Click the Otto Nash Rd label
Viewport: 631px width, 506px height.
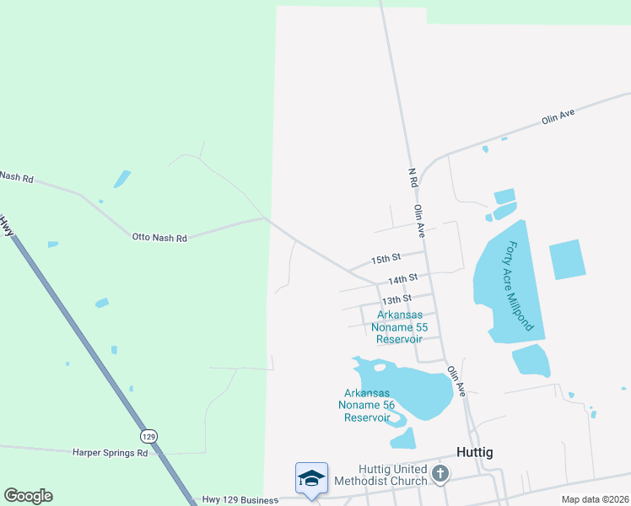(x=159, y=238)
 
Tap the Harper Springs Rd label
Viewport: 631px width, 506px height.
(x=111, y=453)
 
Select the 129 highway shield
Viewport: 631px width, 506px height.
(x=148, y=436)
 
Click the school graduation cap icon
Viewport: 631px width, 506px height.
(x=310, y=478)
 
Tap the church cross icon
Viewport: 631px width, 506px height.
(x=439, y=474)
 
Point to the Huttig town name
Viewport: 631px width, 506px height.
(x=474, y=452)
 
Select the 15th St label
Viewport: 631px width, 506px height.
(x=386, y=257)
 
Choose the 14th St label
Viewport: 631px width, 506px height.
(x=403, y=278)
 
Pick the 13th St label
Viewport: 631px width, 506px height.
(x=396, y=299)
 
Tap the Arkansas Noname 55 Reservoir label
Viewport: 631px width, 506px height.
(x=399, y=327)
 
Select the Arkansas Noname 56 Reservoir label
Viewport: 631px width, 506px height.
(x=367, y=405)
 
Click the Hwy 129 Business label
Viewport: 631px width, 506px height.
(x=240, y=500)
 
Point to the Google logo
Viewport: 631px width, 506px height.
(x=28, y=496)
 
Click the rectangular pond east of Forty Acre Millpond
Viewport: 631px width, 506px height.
(x=567, y=259)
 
